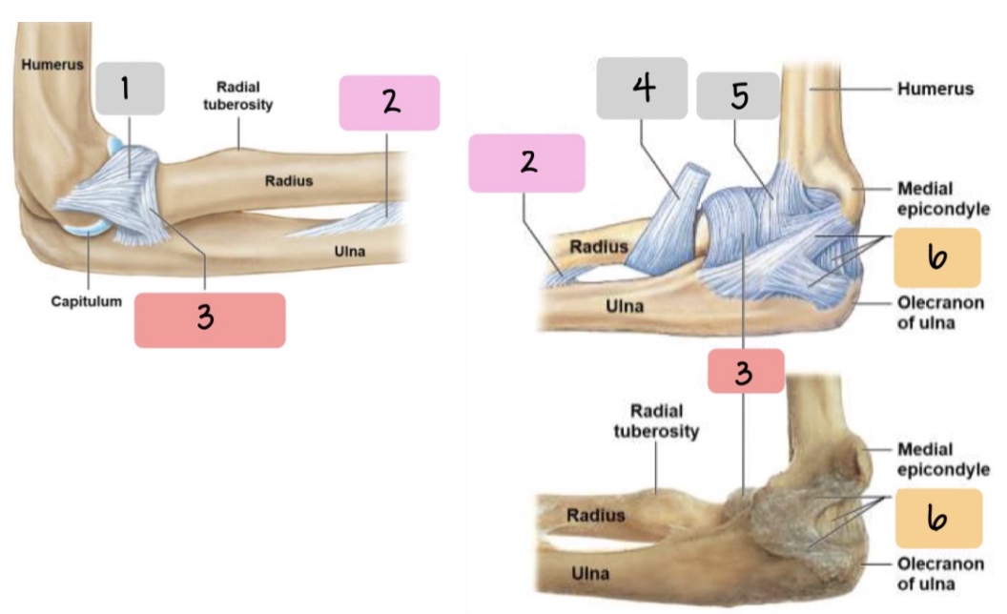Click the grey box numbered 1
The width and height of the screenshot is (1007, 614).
(x=130, y=89)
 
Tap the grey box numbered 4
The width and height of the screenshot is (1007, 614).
(x=642, y=88)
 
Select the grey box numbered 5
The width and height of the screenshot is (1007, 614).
(x=738, y=95)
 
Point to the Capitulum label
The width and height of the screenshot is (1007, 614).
(x=86, y=301)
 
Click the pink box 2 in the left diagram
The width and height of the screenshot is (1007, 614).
(x=389, y=103)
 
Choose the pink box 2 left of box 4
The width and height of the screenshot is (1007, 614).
(x=526, y=163)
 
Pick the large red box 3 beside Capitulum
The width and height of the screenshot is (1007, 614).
(x=210, y=319)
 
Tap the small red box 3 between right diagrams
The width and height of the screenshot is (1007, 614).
(x=746, y=372)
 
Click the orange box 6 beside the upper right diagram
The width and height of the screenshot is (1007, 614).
(x=937, y=257)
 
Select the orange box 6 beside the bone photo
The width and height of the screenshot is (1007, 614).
(x=937, y=518)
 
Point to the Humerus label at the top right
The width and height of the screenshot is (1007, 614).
(x=935, y=89)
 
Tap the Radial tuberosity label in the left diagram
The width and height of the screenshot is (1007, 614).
(x=238, y=95)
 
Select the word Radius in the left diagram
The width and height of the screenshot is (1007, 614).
(x=289, y=181)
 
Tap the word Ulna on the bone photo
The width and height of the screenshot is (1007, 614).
(x=590, y=574)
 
